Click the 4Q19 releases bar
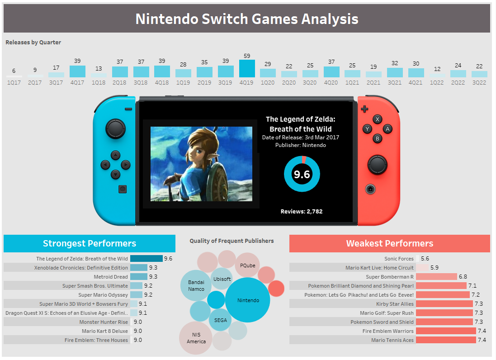tap(247, 68)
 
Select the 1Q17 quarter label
tap(14, 83)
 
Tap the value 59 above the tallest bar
tap(247, 56)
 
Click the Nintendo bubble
tap(248, 300)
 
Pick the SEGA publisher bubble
tap(221, 320)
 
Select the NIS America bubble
tap(196, 338)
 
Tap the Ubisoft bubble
tap(222, 279)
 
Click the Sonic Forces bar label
tap(399, 259)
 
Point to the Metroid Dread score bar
tap(139, 277)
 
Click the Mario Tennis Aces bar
tap(446, 340)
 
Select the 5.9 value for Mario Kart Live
tap(435, 268)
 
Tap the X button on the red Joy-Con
tap(378, 119)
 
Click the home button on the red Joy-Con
tap(370, 189)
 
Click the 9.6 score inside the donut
tap(302, 174)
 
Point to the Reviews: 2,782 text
tap(302, 211)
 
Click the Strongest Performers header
tap(90, 243)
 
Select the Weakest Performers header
tap(389, 243)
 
